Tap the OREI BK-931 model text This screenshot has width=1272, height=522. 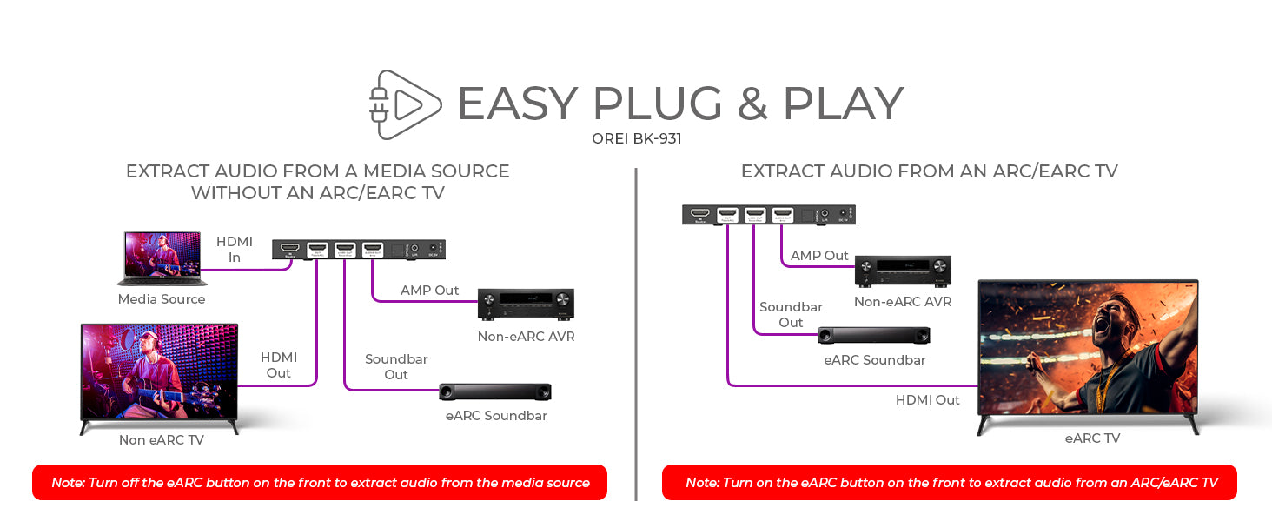[x=635, y=138]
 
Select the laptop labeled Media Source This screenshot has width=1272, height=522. [x=162, y=258]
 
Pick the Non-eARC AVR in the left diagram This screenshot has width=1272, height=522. [x=526, y=305]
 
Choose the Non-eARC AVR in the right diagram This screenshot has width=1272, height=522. [x=903, y=271]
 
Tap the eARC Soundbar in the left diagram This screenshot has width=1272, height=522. [x=495, y=392]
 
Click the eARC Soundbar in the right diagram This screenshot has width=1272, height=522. [x=874, y=336]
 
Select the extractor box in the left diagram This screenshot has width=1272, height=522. [x=360, y=251]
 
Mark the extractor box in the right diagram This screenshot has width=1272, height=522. [x=769, y=215]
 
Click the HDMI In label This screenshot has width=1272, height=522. [x=235, y=250]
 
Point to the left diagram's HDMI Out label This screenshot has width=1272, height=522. [x=279, y=365]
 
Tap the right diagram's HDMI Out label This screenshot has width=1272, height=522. [x=927, y=400]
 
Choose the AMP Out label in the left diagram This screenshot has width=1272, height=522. [x=429, y=291]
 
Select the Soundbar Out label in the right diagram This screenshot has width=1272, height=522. [x=791, y=315]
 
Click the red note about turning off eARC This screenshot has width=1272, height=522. [x=320, y=483]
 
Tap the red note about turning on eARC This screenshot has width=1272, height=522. [x=950, y=483]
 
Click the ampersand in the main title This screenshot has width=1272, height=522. [x=752, y=104]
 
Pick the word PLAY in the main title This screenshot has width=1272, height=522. [x=843, y=104]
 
